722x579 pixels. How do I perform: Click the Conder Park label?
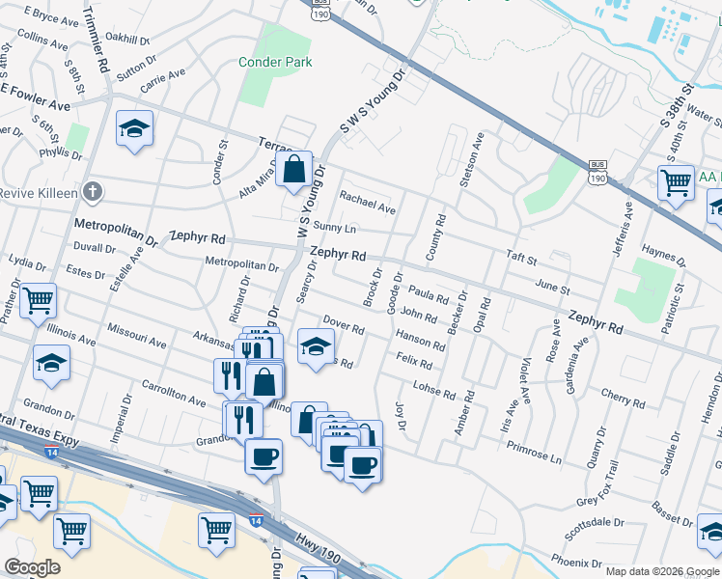pyautogui.click(x=275, y=62)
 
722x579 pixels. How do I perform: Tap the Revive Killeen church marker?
pyautogui.click(x=92, y=191)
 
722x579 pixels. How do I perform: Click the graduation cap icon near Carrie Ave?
pyautogui.click(x=135, y=128)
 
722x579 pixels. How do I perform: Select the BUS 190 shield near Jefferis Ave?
pyautogui.click(x=597, y=174)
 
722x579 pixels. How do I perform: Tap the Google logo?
pyautogui.click(x=32, y=567)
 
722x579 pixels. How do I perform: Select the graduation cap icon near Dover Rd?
pyautogui.click(x=316, y=345)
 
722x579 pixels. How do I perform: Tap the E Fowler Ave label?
pyautogui.click(x=36, y=96)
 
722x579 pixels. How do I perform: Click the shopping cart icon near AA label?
pyautogui.click(x=676, y=183)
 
